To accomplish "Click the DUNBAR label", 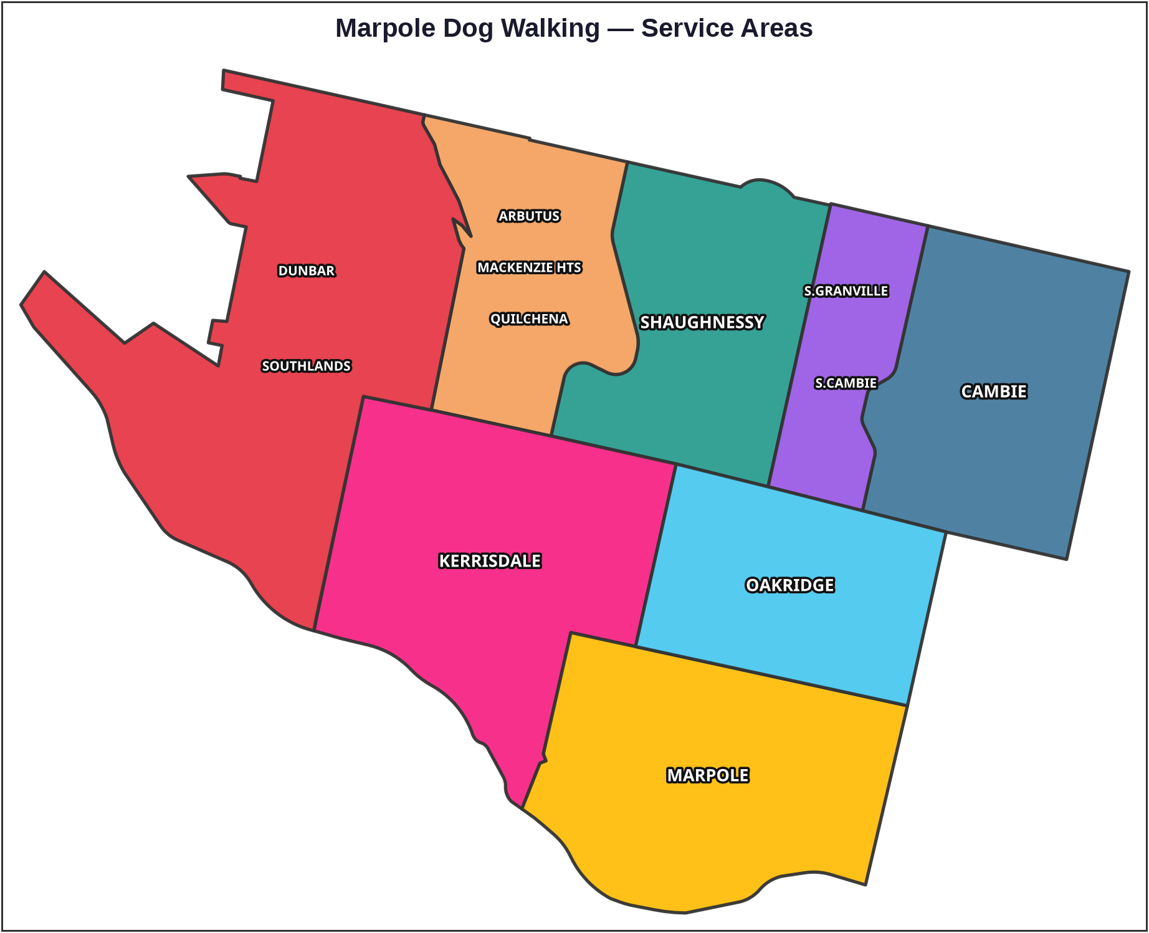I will click(x=306, y=270).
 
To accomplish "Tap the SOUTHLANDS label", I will click(x=306, y=366).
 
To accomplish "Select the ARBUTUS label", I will click(x=529, y=216).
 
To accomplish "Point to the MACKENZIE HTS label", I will click(x=529, y=267).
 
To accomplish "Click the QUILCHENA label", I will click(x=529, y=319).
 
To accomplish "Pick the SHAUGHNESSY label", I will click(x=702, y=322).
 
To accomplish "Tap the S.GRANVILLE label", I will click(x=846, y=291).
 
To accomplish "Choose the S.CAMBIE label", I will click(x=846, y=383).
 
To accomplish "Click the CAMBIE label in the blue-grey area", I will click(x=994, y=391).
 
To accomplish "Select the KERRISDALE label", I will click(x=490, y=561).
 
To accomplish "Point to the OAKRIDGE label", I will click(x=789, y=585).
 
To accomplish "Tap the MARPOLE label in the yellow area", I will click(x=708, y=775).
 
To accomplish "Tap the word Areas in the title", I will click(x=778, y=29).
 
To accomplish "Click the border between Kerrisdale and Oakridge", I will click(x=656, y=555).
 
